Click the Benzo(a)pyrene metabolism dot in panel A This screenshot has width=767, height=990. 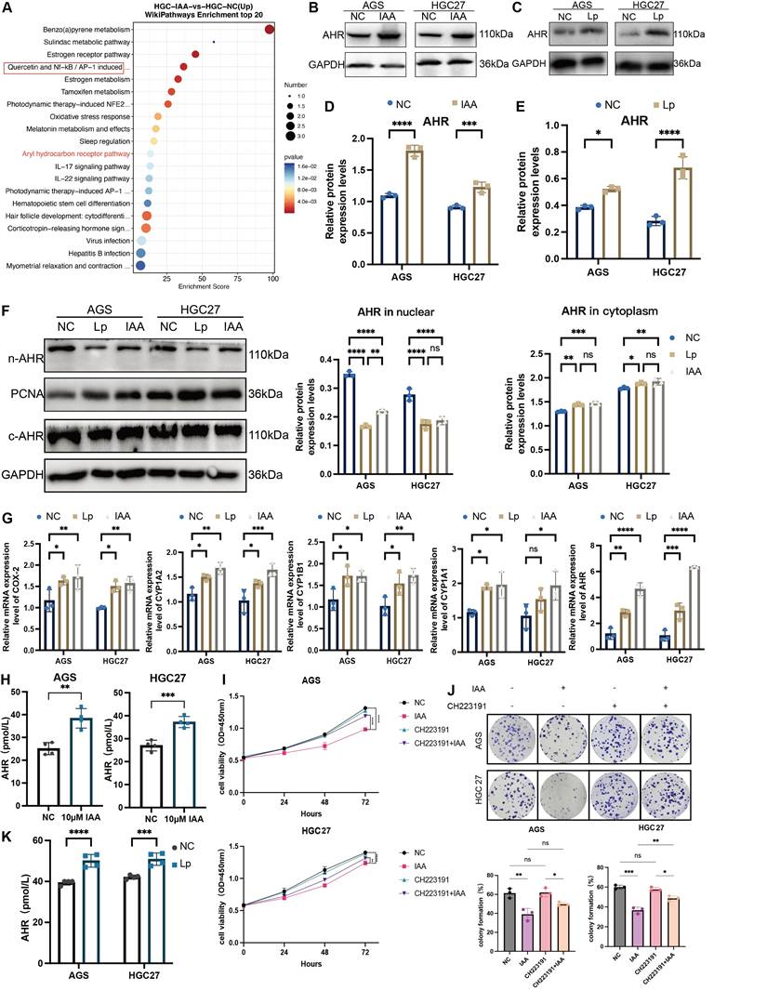click(x=270, y=31)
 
